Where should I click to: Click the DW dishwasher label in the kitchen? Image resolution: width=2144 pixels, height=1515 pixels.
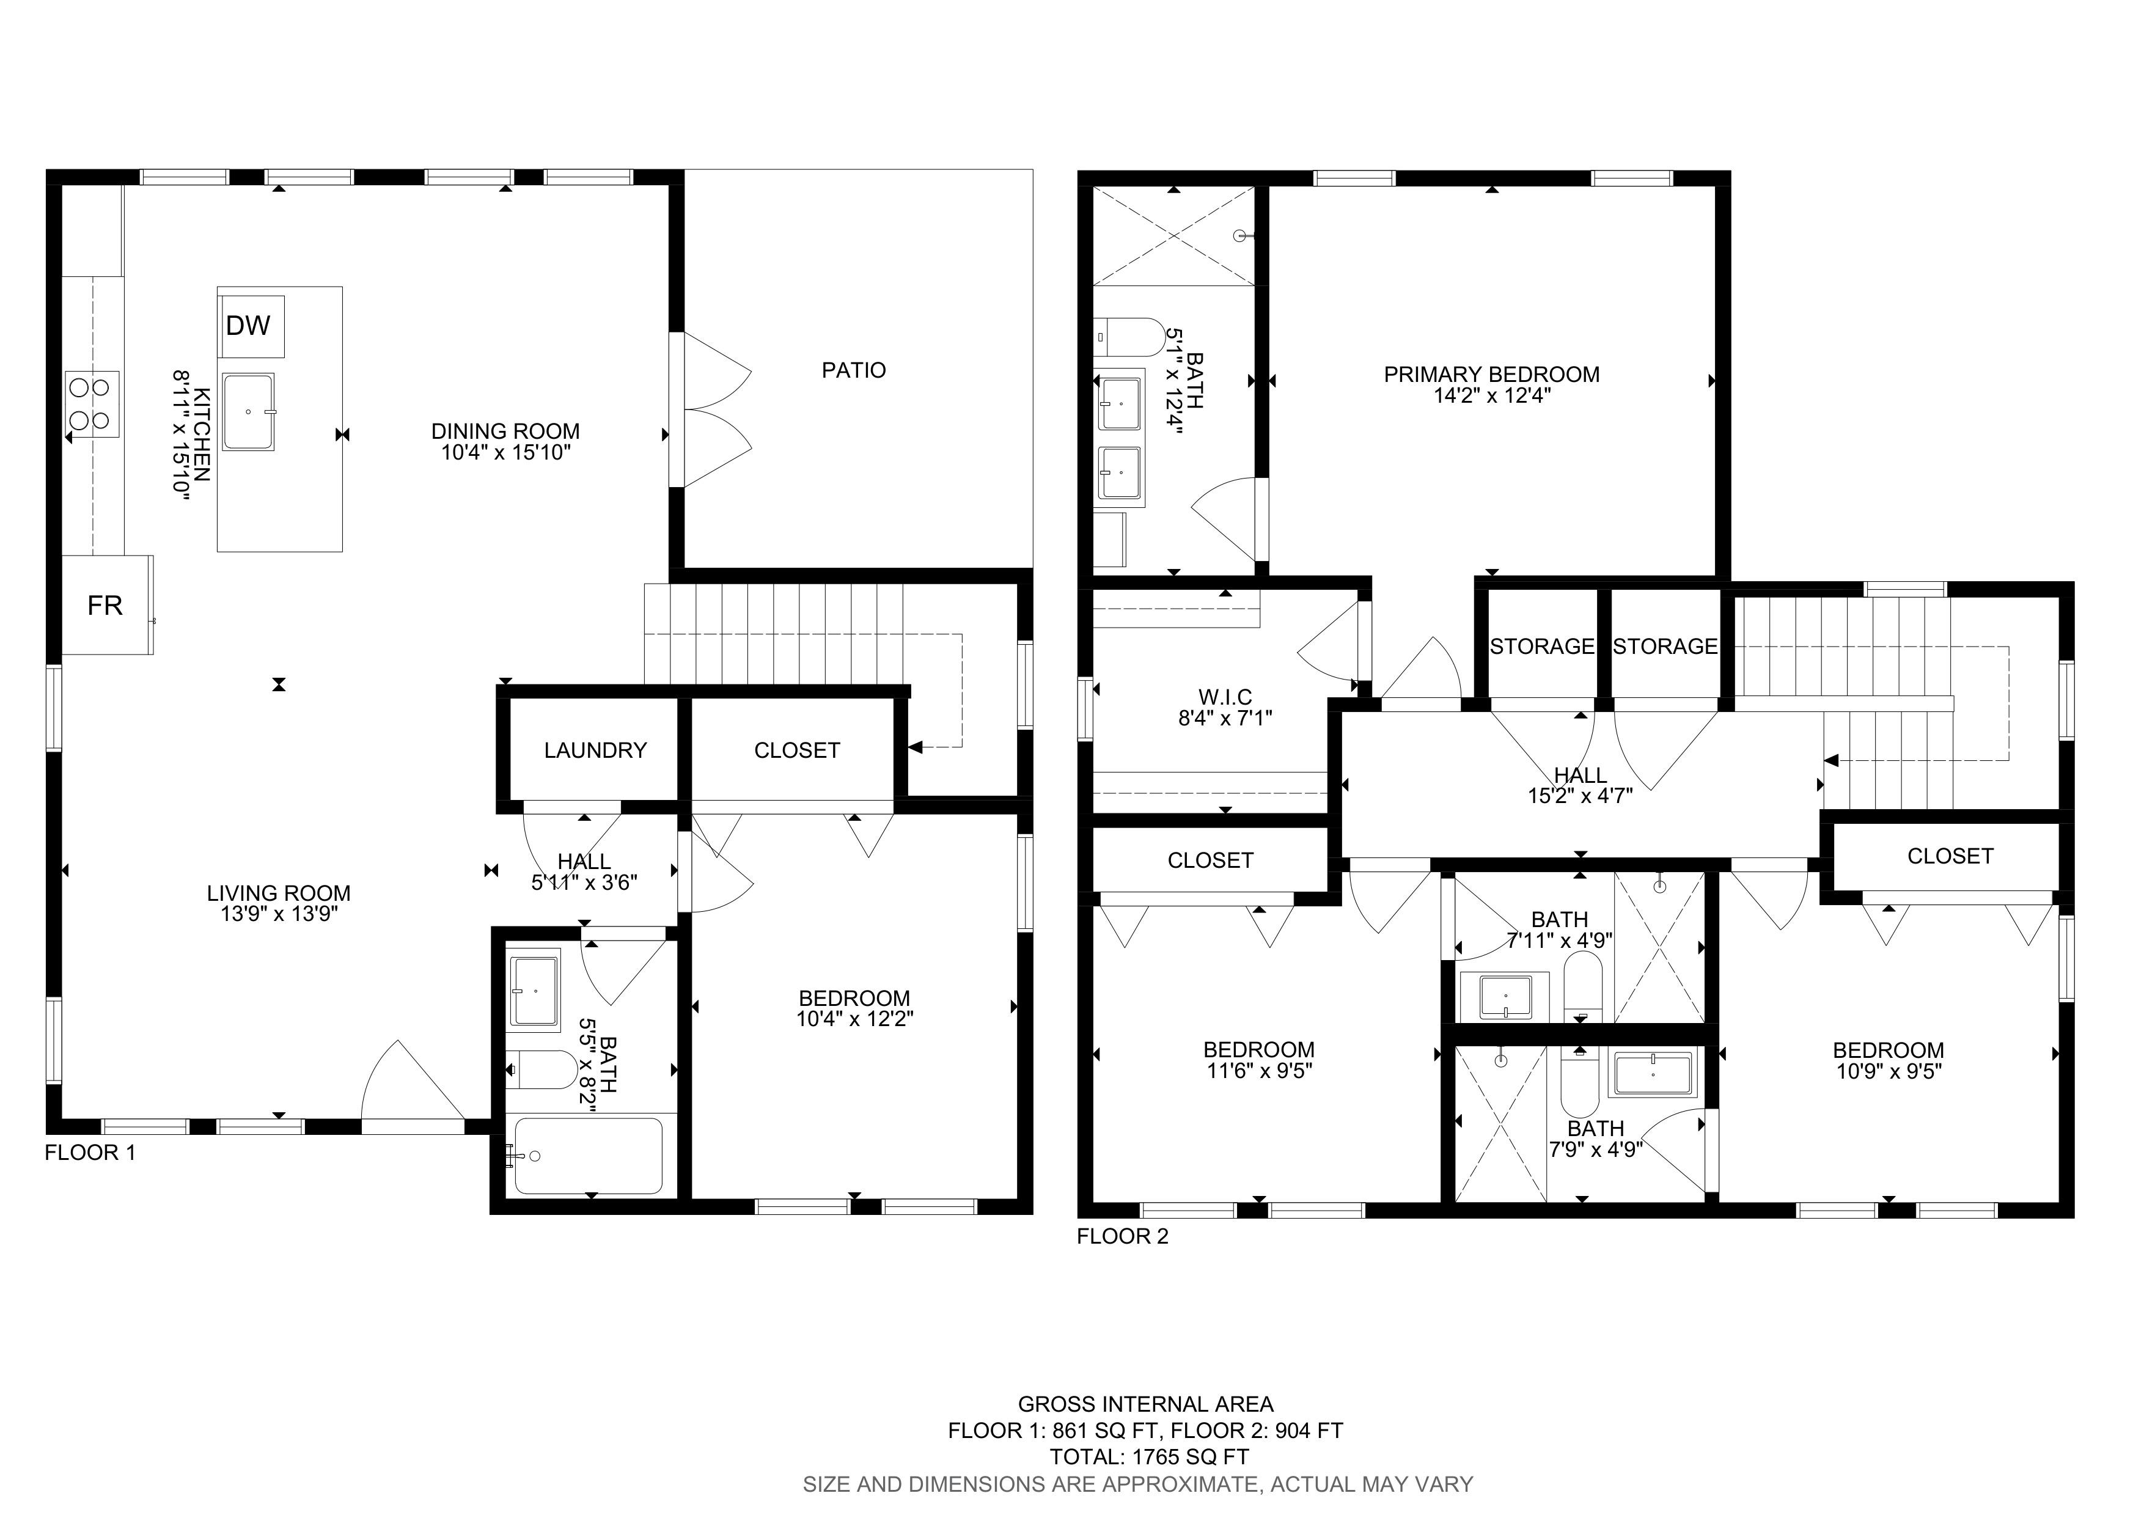point(248,325)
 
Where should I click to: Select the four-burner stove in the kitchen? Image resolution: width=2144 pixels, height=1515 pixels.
point(92,404)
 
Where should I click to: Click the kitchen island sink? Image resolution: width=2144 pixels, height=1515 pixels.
point(248,412)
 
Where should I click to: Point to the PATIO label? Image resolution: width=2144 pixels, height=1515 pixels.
point(853,370)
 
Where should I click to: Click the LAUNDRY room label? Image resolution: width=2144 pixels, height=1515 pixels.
point(595,750)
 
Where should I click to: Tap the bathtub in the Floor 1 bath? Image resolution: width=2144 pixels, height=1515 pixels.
point(589,1156)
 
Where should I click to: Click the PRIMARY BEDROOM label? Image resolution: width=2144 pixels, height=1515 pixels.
point(1491,374)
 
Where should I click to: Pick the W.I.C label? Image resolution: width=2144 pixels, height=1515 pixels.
point(1225,697)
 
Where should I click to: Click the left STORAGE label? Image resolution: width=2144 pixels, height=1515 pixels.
point(1542,646)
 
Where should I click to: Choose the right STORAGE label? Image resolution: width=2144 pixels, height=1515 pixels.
point(1665,646)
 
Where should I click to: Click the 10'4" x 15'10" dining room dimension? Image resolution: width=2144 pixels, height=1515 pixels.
point(505,453)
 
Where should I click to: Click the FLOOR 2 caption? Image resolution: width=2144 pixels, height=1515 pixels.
point(1123,1237)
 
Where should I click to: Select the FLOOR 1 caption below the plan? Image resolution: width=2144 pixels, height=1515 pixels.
point(90,1153)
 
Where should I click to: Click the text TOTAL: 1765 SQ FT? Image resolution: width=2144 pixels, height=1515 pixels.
point(1150,1457)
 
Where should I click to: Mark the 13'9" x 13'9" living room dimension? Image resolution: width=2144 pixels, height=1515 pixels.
point(278,914)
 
